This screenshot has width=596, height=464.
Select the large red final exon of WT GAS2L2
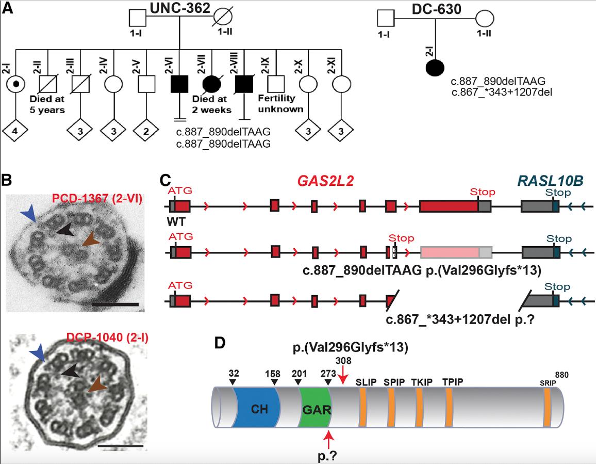pos(449,206)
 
